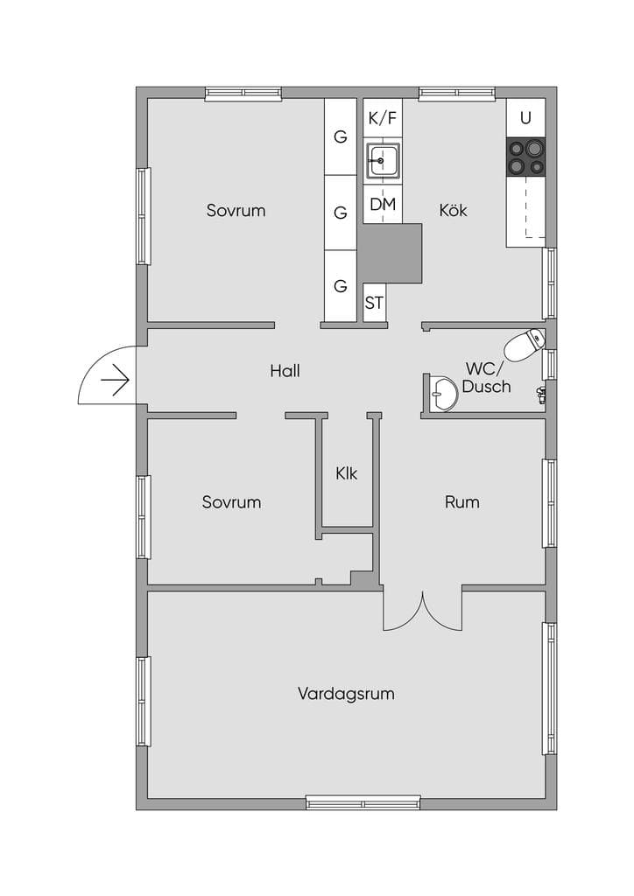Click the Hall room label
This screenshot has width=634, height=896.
285,371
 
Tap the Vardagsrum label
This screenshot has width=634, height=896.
346,694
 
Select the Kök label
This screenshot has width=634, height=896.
453,210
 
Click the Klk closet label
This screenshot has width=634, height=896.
347,473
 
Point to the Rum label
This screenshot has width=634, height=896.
461,502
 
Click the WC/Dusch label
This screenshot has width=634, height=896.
486,377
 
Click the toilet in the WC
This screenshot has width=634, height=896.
524,345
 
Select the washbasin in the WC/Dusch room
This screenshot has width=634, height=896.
444,393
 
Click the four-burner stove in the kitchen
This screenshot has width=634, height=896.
526,157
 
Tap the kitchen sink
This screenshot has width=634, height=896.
383,161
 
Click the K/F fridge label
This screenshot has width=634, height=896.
383,118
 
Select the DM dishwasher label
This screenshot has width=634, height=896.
383,204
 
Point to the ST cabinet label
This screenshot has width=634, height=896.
374,303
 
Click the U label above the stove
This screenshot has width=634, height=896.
525,118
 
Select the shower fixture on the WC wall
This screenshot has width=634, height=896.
541,395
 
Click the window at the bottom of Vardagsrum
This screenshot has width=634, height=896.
363,803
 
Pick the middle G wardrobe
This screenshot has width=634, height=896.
341,213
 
